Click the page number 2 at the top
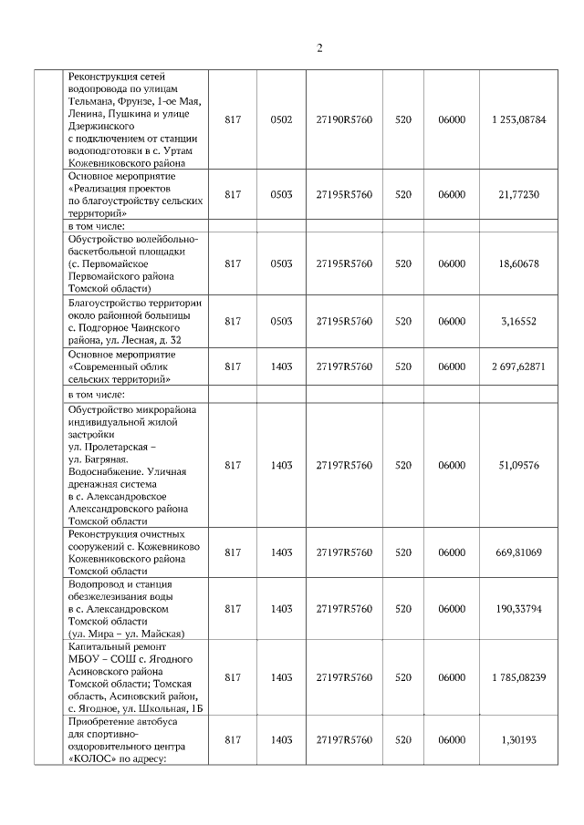[319, 47]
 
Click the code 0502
[282, 119]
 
